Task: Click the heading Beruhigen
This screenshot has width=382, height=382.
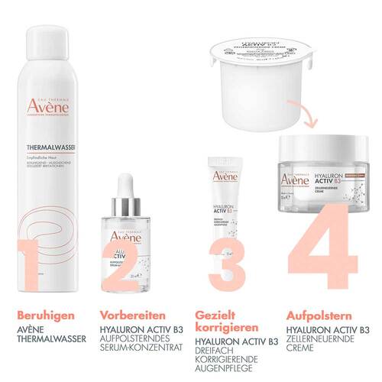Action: click(x=36, y=313)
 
